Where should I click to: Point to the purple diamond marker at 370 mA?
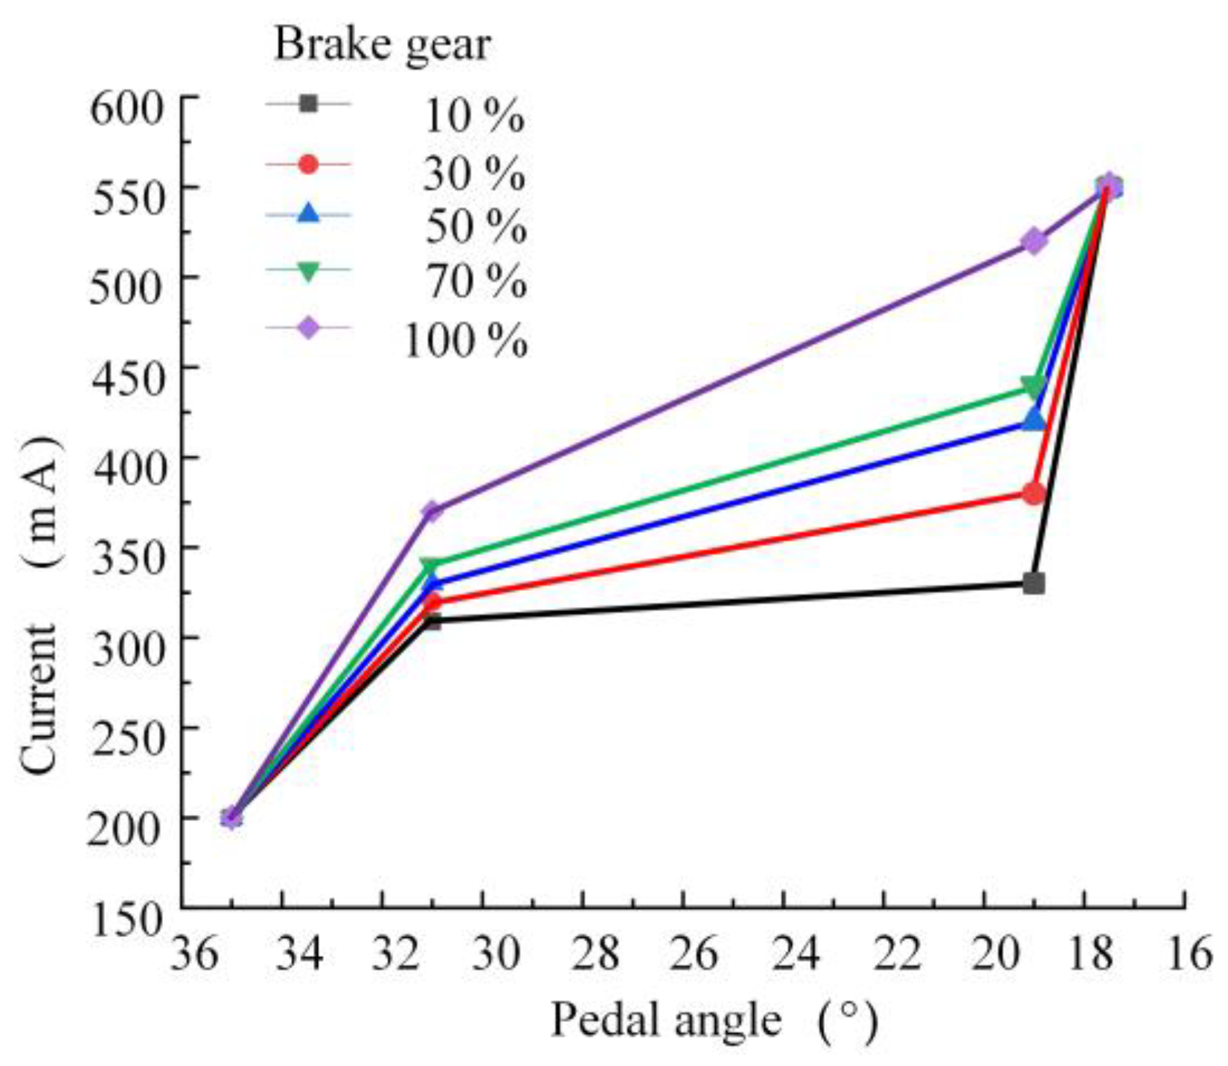click(x=432, y=511)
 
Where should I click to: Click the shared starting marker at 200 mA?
click(x=231, y=817)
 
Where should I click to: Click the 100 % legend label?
click(x=465, y=341)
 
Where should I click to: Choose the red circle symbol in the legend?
click(x=307, y=164)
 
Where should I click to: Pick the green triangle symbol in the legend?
click(x=307, y=272)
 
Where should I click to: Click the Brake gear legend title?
click(x=383, y=45)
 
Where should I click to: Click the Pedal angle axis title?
click(x=666, y=1019)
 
